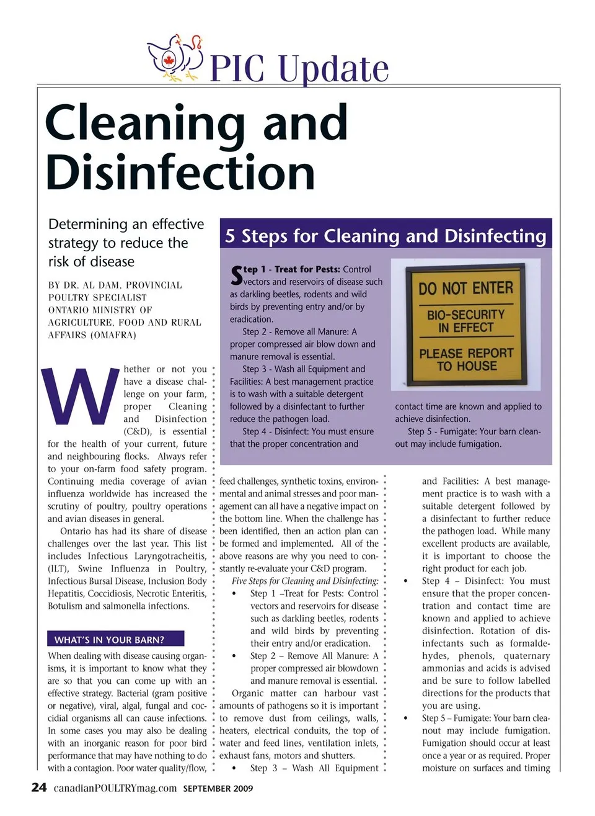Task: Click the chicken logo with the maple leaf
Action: pyautogui.click(x=175, y=58)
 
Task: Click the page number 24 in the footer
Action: pyautogui.click(x=38, y=787)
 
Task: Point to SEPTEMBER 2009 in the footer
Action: pyautogui.click(x=218, y=789)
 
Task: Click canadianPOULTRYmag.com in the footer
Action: pyautogui.click(x=115, y=788)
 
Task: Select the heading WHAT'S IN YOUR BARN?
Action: pyautogui.click(x=109, y=639)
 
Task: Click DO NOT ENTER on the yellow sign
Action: pyautogui.click(x=465, y=289)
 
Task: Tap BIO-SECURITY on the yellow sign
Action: pyautogui.click(x=465, y=315)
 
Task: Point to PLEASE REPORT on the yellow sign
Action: pyautogui.click(x=466, y=353)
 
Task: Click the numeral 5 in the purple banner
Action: pyautogui.click(x=230, y=236)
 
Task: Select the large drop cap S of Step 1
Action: pyautogui.click(x=236, y=276)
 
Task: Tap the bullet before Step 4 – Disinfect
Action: pyautogui.click(x=405, y=581)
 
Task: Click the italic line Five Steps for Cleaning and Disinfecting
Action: pyautogui.click(x=305, y=581)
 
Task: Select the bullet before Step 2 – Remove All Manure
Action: pyautogui.click(x=234, y=656)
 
